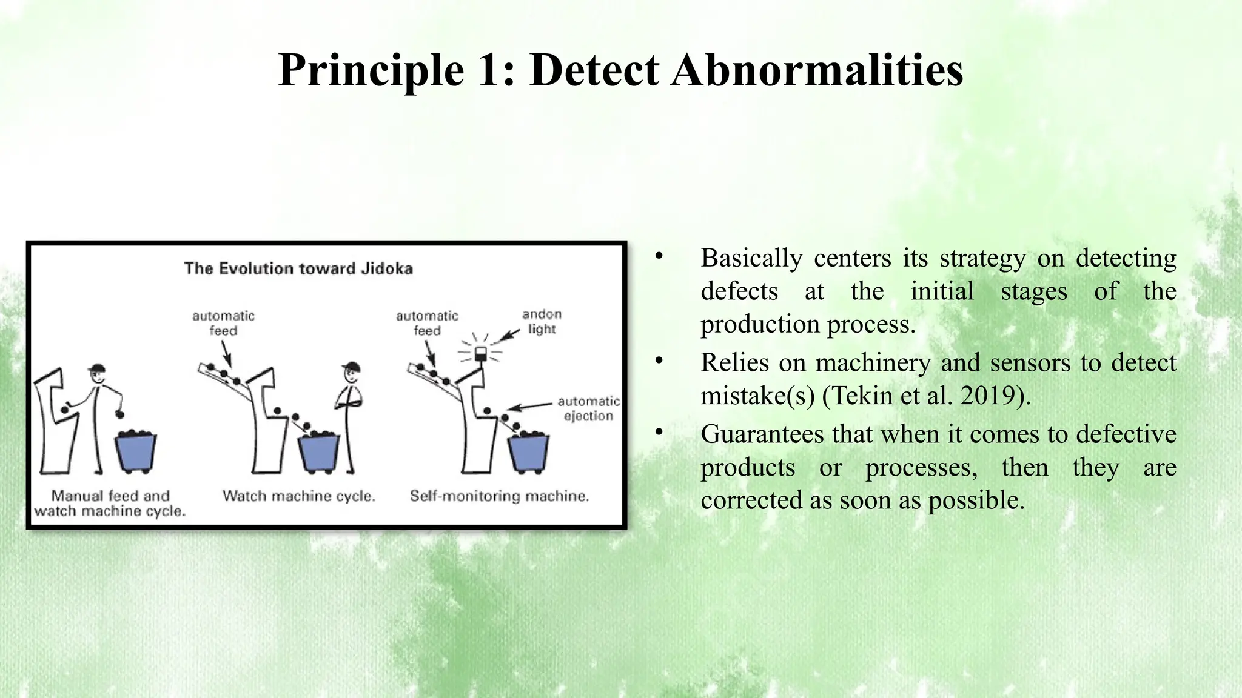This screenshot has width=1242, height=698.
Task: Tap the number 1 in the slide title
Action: pos(489,70)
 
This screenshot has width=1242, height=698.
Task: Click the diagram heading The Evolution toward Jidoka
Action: pos(298,268)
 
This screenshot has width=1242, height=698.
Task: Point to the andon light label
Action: pos(542,322)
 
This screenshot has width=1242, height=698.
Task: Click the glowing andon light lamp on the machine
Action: pos(481,353)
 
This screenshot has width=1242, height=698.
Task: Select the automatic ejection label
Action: pos(588,408)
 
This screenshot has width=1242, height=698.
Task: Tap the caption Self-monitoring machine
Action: pos(499,496)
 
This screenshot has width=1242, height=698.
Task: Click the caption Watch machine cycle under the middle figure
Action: pos(299,496)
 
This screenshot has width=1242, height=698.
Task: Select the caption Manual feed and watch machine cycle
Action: pos(110,504)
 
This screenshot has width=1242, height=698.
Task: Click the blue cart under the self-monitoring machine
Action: pos(528,453)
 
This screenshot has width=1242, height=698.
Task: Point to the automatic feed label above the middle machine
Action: pos(223,323)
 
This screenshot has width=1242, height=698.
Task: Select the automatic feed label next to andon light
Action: pos(427,323)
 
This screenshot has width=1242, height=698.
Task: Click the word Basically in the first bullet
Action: pos(751,259)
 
